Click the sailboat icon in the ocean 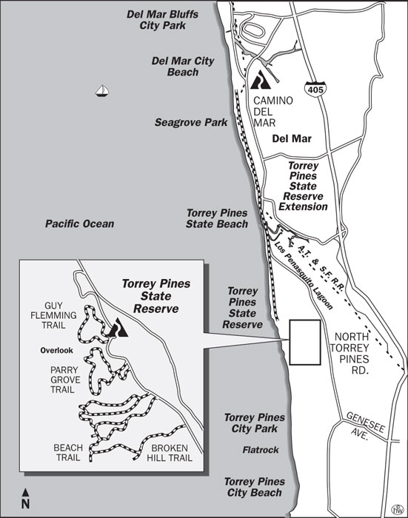click(x=102, y=91)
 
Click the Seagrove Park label click(x=191, y=122)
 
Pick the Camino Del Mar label click(x=273, y=112)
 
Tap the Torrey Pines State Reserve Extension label click(x=303, y=186)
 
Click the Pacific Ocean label click(x=79, y=223)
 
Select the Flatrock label click(x=261, y=449)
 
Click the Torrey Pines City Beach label click(x=254, y=487)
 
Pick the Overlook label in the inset click(x=56, y=349)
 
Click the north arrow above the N click(x=26, y=492)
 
